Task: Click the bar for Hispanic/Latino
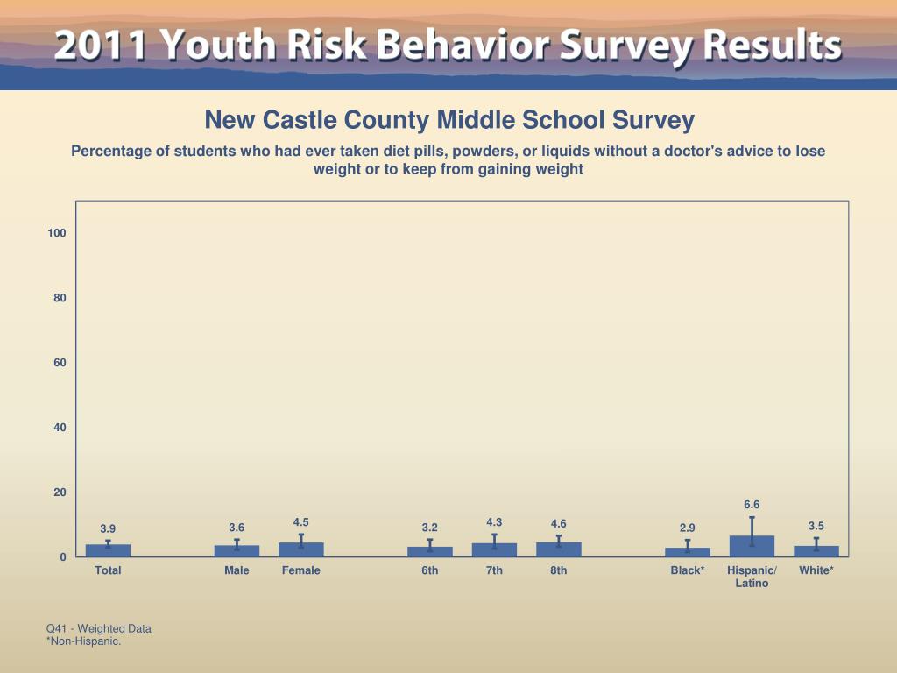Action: [x=752, y=546]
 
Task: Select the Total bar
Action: [x=108, y=550]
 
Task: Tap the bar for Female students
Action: [x=301, y=549]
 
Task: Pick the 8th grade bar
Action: [x=559, y=549]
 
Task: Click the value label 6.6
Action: [x=752, y=505]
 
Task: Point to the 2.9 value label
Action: [x=688, y=528]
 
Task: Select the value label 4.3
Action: [x=494, y=522]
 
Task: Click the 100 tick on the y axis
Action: [x=57, y=233]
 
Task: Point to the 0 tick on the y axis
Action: [x=63, y=557]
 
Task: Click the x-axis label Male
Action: [x=237, y=570]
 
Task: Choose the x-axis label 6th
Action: [x=429, y=570]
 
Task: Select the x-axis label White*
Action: [x=816, y=570]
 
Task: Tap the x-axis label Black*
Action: [x=688, y=570]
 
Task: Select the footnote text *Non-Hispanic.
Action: [x=83, y=641]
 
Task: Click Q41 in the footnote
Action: [x=57, y=628]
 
